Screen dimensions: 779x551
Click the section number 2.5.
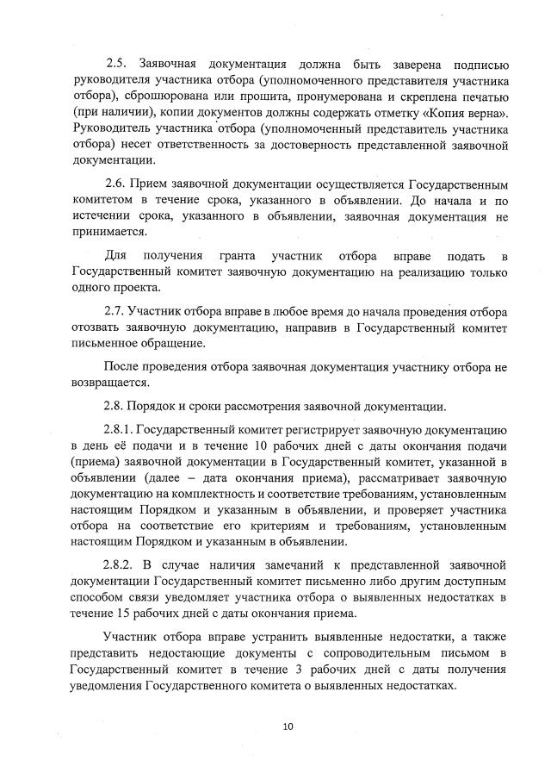pos(116,64)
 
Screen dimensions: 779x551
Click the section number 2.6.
pos(116,184)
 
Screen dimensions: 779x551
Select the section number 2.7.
pos(116,311)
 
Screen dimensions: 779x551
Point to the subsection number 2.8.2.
pos(120,564)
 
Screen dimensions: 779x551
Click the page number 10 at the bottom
pos(288,726)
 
